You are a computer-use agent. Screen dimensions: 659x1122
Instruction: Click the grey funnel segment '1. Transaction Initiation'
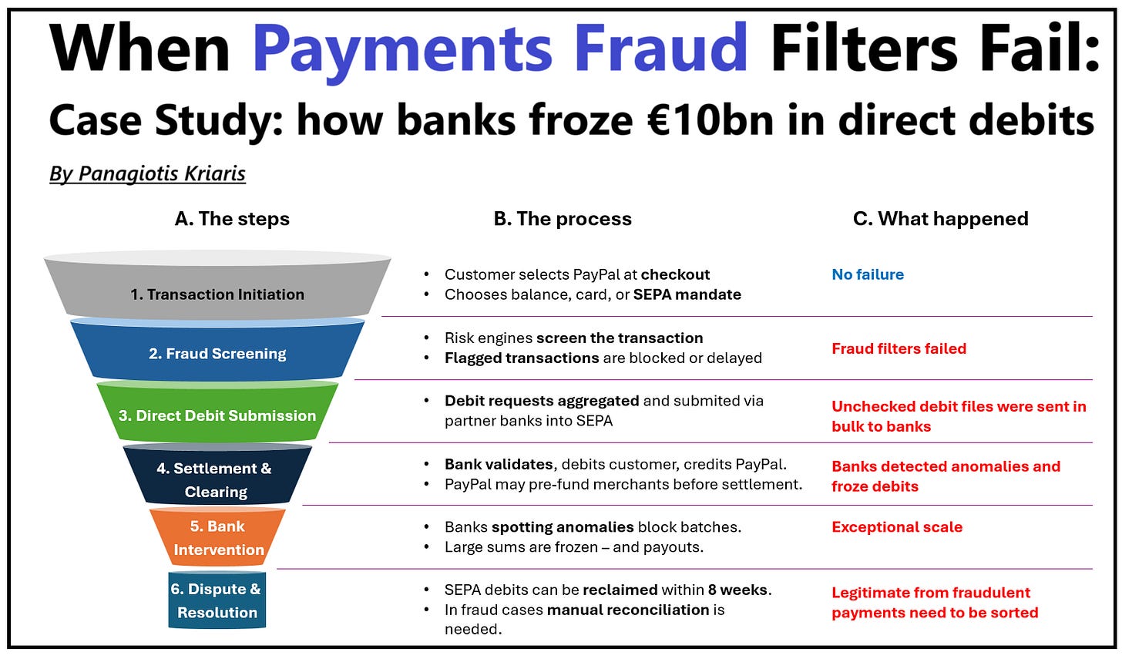pos(217,294)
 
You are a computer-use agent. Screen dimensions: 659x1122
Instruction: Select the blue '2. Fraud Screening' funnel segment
pos(217,353)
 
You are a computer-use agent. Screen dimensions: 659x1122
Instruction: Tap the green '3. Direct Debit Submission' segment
pos(217,415)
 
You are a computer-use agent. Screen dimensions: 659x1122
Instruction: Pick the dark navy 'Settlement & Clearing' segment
pos(215,479)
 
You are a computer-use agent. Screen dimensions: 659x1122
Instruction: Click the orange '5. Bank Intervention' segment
pos(218,537)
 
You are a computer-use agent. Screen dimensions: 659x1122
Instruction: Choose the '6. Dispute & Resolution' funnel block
pos(217,600)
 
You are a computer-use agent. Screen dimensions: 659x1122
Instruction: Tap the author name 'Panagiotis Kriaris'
pos(162,173)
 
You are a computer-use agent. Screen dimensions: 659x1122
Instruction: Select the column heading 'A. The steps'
pos(232,219)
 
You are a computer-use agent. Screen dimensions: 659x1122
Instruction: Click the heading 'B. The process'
pos(563,219)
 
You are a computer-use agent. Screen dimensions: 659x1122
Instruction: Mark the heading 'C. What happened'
pos(940,219)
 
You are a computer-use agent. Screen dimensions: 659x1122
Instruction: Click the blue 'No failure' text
pos(868,274)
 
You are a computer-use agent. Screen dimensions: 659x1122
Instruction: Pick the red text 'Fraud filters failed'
pos(899,348)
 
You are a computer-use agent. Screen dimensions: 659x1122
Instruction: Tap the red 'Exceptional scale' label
pos(897,527)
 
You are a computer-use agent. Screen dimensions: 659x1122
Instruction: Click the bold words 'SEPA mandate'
pos(687,294)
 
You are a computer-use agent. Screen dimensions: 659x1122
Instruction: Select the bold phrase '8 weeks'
pos(737,590)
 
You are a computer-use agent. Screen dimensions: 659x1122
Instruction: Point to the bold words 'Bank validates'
pos(499,464)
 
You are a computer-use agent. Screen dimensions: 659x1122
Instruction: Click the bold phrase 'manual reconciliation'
pos(628,610)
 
